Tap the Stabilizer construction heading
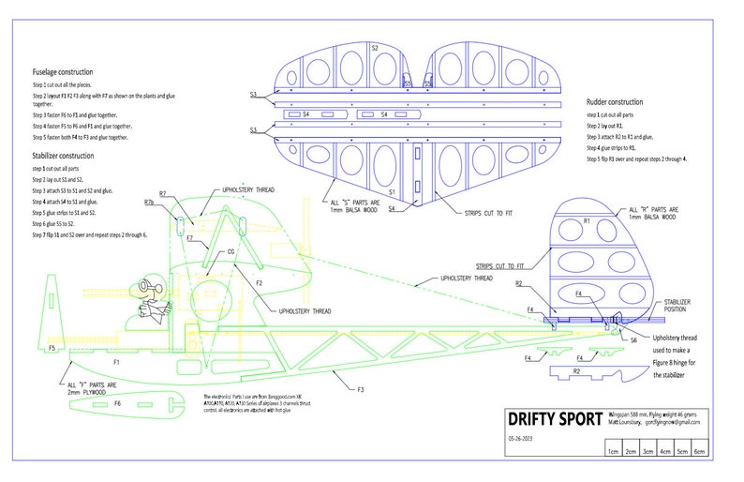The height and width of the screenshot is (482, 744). tap(62, 156)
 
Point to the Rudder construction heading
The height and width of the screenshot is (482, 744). tap(615, 101)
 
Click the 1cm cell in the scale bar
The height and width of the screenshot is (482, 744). tap(612, 450)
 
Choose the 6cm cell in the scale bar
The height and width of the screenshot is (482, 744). tap(703, 450)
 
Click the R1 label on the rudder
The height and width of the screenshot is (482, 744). tap(586, 220)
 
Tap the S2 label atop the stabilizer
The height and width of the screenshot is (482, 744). tap(375, 47)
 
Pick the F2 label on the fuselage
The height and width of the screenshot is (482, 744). tap(260, 282)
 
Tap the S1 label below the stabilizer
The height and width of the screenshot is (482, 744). tap(390, 191)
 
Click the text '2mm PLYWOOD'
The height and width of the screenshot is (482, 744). tap(90, 392)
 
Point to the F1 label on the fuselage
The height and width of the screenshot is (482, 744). tap(116, 361)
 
